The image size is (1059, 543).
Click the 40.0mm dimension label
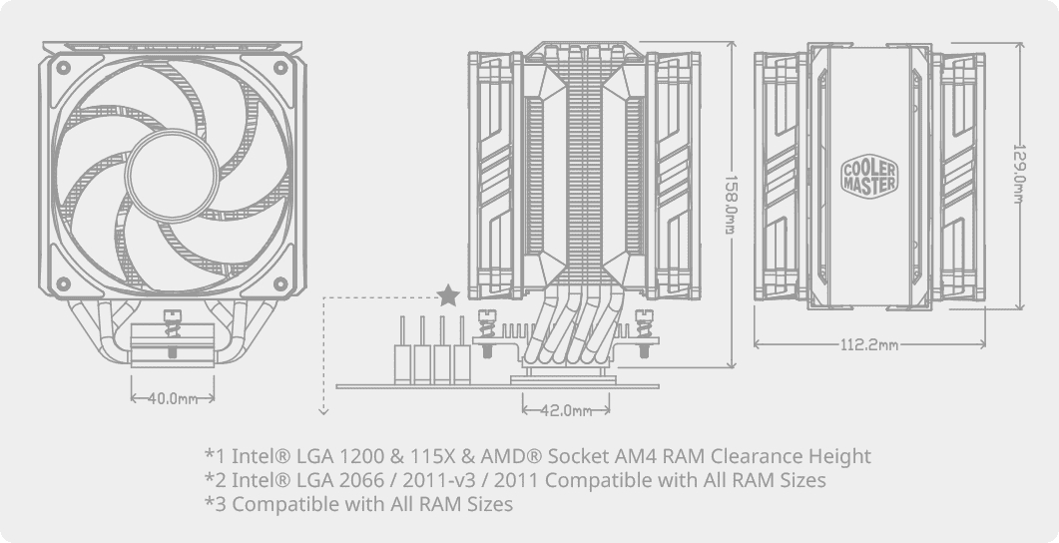pos(173,398)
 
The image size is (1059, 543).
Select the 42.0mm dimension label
pos(566,410)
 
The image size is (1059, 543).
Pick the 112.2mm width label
pos(868,344)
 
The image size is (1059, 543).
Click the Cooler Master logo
pos(870,176)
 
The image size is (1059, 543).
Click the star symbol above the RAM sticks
pos(449,295)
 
